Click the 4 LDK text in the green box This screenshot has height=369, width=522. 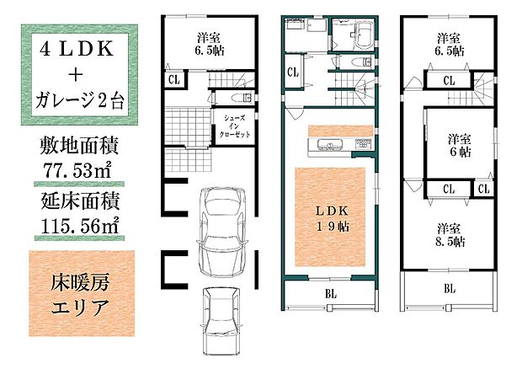75,48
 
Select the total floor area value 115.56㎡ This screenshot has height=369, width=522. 81,225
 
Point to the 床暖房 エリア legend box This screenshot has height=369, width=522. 81,291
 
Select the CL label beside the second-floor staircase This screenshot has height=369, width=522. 292,71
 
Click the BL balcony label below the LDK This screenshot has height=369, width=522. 331,295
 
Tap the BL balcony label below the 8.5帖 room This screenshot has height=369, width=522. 450,289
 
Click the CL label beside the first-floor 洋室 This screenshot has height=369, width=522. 173,80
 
